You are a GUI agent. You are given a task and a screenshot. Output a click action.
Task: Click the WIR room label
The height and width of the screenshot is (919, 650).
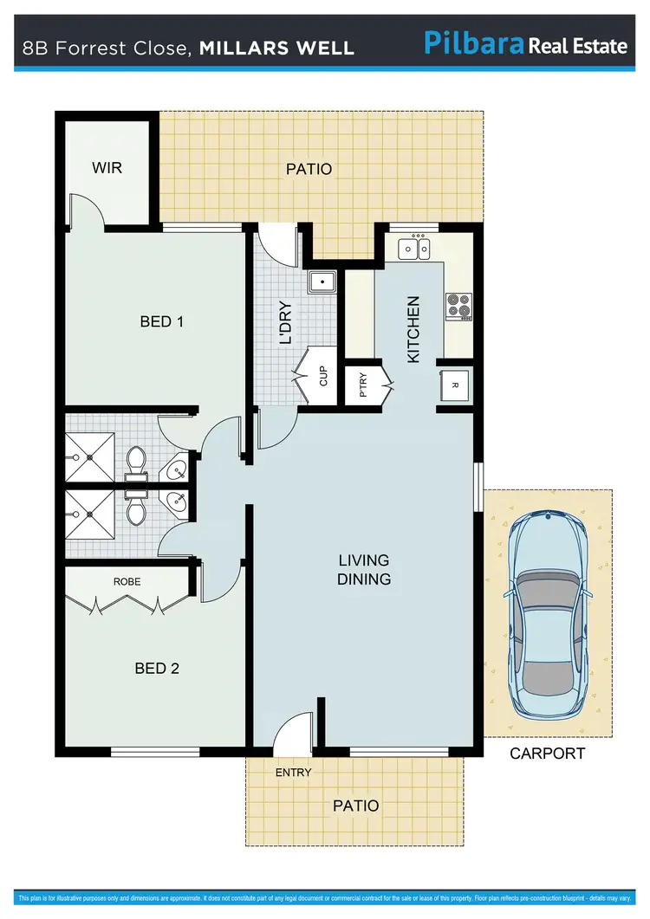pos(107,167)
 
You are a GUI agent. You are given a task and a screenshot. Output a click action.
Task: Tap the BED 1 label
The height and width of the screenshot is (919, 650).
pos(161,321)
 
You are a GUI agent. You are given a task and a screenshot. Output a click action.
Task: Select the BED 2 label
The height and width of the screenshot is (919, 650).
pos(157,668)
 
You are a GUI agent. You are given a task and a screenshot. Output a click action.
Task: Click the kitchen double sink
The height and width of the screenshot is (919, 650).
pos(413,249)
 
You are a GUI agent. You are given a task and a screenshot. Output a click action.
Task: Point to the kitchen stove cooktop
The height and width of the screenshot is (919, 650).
pos(458,305)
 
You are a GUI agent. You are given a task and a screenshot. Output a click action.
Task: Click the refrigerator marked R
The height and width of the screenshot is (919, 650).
pos(455,385)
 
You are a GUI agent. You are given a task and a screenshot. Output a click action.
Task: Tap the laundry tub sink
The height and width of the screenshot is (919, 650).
pos(322,282)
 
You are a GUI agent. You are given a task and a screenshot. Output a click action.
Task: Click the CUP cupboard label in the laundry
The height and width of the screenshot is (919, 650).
pos(323,376)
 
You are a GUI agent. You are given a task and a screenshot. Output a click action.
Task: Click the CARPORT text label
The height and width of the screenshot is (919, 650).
pos(547,754)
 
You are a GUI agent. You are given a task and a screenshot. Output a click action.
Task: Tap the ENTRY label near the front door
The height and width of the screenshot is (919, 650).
pos(293,772)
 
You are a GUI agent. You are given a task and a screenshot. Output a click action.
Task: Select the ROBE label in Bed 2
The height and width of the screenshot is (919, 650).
pos(127,582)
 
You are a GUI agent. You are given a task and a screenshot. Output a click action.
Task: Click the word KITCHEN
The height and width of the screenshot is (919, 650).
pos(413,329)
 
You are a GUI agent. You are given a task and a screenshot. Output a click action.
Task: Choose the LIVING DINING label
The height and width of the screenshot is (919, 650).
pos(364,570)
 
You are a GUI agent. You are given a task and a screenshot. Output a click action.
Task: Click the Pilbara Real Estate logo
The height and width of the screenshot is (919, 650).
pos(525,42)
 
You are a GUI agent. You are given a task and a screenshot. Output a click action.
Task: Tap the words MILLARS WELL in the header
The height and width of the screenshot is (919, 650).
pos(276,47)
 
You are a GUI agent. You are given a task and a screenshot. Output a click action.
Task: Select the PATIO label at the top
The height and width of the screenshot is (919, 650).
pos(309,169)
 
